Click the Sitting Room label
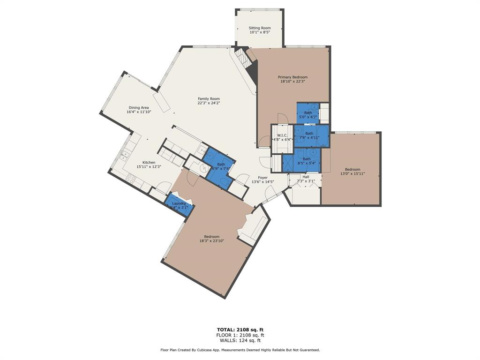[x=260, y=28]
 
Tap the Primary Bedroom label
[x=292, y=77]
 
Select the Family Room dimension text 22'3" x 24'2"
[x=209, y=103]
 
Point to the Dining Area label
[x=139, y=108]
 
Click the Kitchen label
[x=149, y=163]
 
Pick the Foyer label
[x=262, y=178]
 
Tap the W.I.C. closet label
[x=282, y=135]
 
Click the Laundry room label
[x=179, y=203]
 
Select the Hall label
[x=306, y=177]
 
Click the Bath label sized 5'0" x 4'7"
[x=308, y=113]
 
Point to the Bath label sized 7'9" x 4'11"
[x=309, y=134]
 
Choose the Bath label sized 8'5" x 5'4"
[x=307, y=159]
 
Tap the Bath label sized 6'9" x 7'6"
[x=221, y=165]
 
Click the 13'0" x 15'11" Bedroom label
[x=352, y=170]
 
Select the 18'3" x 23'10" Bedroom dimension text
[x=212, y=241]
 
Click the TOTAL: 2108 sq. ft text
[x=240, y=330]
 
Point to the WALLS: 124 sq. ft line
[x=240, y=340]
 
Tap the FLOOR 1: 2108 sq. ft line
[x=240, y=335]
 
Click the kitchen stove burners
[x=131, y=179]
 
